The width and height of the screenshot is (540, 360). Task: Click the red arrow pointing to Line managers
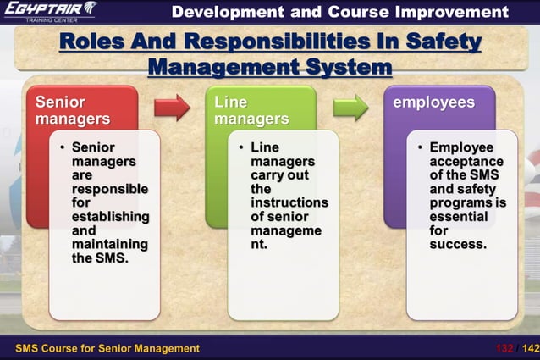(172, 108)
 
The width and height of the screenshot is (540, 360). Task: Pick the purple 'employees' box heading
(433, 102)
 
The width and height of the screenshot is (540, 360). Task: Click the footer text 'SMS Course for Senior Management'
(107, 348)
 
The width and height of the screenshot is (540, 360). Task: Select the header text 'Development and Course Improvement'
(339, 12)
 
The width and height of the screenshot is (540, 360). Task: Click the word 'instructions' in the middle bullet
(289, 203)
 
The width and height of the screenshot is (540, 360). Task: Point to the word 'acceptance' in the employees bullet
(466, 162)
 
